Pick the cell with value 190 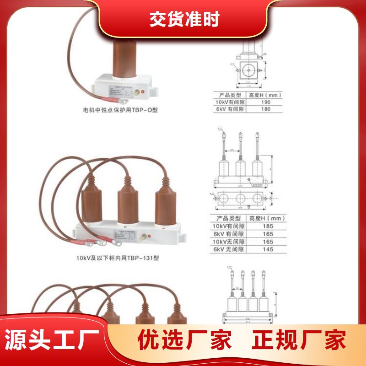click(266, 102)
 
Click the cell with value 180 click(266, 109)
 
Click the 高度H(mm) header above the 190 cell click(265, 95)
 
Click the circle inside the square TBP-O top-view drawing click(249, 70)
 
